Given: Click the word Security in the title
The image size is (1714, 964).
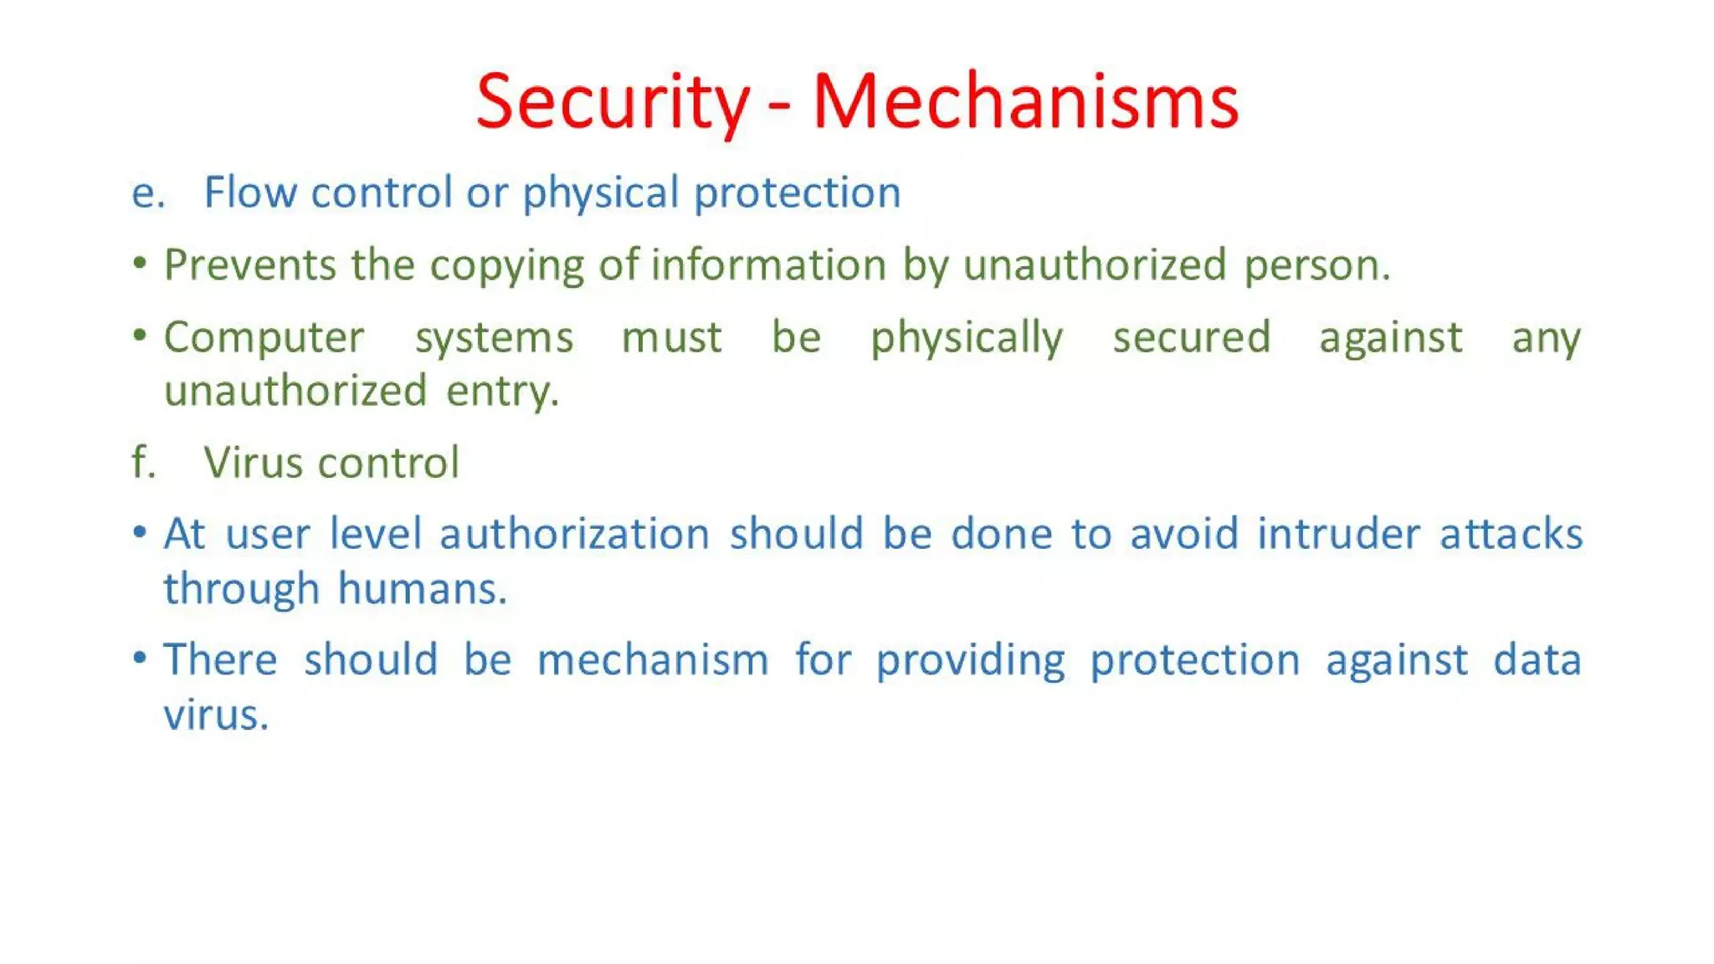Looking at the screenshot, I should (612, 102).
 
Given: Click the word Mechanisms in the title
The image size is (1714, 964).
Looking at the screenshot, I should (1025, 102).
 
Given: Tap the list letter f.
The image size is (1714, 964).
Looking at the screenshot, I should (143, 463).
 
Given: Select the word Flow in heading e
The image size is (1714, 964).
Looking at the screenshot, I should (250, 192).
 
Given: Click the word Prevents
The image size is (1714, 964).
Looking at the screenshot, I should (249, 265).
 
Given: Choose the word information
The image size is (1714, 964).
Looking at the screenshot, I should (768, 265).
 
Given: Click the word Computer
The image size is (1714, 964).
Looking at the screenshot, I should (264, 339).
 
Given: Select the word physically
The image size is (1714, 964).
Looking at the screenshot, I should (967, 339).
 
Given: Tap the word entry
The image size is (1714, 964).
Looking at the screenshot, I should (501, 392).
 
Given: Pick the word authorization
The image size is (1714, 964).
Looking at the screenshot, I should (574, 534).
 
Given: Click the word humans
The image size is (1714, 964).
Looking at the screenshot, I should (422, 588).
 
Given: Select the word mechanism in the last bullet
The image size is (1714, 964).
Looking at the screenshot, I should (653, 660).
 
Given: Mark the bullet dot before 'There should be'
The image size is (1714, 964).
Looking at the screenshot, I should (140, 658).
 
